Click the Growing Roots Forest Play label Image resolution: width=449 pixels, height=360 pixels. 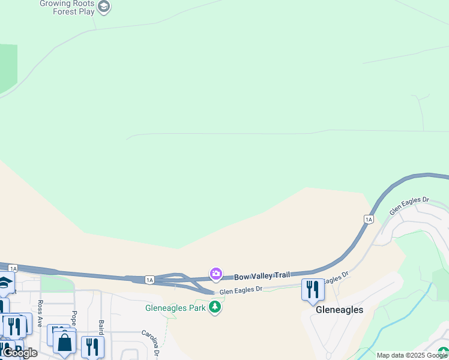click(68, 7)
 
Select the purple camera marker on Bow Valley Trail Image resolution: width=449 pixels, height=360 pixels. click(215, 274)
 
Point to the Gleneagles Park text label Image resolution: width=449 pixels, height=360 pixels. click(176, 308)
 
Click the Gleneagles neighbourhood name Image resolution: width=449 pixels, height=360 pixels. click(339, 310)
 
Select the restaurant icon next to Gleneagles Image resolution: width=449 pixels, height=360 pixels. click(312, 289)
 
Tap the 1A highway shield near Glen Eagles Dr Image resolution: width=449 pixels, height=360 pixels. click(369, 220)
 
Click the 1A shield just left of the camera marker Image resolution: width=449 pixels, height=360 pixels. click(149, 280)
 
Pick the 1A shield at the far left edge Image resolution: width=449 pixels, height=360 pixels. click(13, 268)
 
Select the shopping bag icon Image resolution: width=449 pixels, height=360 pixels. click(64, 343)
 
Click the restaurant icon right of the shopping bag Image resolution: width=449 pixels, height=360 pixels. click(92, 346)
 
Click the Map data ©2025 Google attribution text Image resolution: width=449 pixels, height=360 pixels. click(412, 355)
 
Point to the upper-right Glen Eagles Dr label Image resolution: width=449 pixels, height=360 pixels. click(409, 206)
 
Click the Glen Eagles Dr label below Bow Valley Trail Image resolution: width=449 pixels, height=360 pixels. click(241, 290)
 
